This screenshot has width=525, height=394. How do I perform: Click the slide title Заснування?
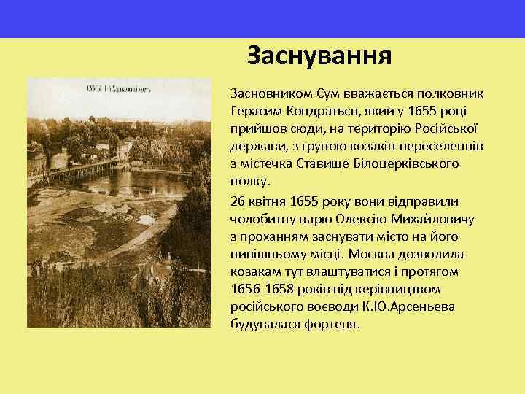coord(319,55)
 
